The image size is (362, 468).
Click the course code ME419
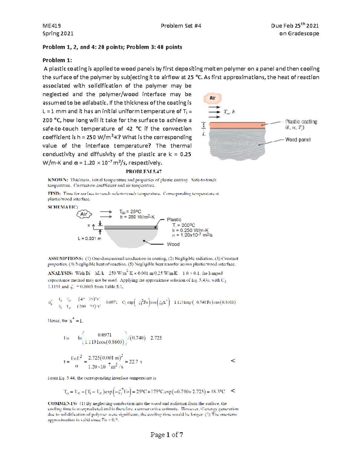pyautogui.click(x=52, y=26)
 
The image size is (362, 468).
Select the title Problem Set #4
pyautogui.click(x=181, y=26)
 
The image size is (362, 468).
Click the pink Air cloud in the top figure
pyautogui.click(x=213, y=98)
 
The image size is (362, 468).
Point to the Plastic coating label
pyautogui.click(x=301, y=122)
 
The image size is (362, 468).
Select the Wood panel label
pyautogui.click(x=298, y=140)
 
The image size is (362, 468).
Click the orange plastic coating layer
pyautogui.click(x=237, y=125)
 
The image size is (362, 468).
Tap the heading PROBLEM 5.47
pyautogui.click(x=144, y=171)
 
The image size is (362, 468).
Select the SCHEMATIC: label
pyautogui.click(x=63, y=207)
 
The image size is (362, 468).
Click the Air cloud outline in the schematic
pyautogui.click(x=84, y=214)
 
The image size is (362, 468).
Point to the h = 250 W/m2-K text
pyautogui.click(x=137, y=217)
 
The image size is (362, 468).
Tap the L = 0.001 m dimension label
pyautogui.click(x=90, y=238)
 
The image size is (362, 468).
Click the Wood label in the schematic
pyautogui.click(x=173, y=244)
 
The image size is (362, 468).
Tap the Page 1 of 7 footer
pyautogui.click(x=167, y=435)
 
